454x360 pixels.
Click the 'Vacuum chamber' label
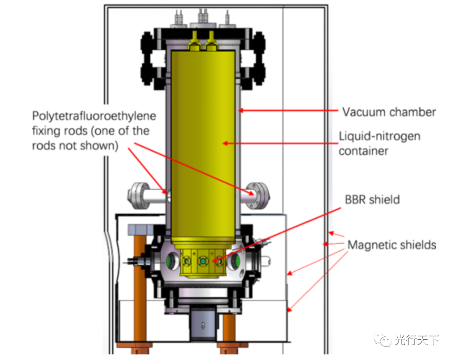point(388,112)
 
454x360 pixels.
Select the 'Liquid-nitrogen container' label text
point(379,143)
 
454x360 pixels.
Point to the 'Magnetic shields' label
point(391,244)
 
